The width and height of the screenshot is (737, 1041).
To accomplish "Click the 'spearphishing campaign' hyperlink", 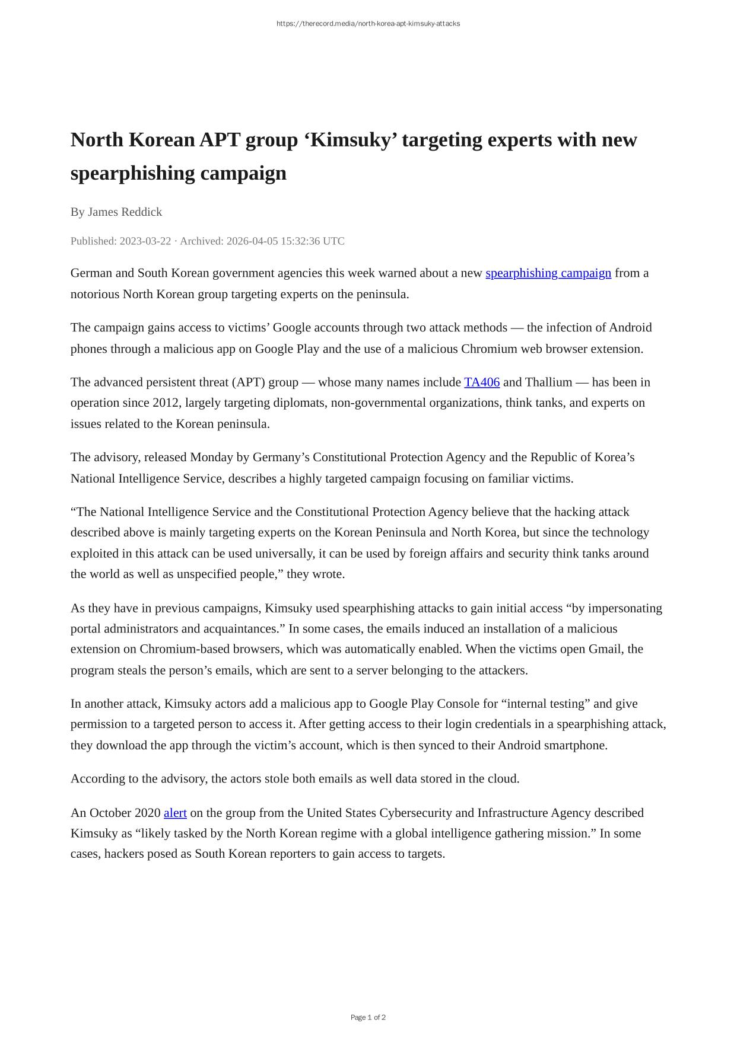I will point(548,273).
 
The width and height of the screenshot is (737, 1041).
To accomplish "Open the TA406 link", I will point(482,382).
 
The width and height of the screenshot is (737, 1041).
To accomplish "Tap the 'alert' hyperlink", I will point(175,813).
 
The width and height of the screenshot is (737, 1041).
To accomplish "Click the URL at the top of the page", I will point(368,24).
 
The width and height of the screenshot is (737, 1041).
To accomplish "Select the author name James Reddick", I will point(125,212).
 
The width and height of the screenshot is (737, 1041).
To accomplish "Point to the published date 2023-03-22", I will point(145,241).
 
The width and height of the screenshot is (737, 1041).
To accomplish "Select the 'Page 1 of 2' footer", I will point(368,1018).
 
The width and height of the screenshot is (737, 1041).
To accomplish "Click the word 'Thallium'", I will point(548,382).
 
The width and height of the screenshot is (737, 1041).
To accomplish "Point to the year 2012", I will point(166,403).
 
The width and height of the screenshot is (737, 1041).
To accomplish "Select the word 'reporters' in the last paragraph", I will point(295,854).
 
